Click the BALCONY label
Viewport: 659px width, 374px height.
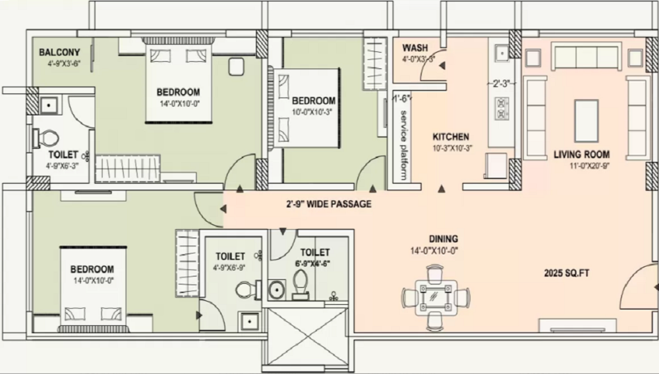tap(59, 53)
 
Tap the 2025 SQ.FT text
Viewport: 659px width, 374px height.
tap(567, 272)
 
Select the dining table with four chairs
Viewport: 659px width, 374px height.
tap(435, 297)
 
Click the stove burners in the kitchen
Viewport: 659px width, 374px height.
tap(502, 105)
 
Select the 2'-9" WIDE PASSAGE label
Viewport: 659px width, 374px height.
tap(328, 204)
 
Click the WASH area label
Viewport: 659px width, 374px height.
tap(415, 48)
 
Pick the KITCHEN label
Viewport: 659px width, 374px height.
tap(450, 136)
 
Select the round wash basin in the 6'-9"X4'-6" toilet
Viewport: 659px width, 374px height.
tap(276, 289)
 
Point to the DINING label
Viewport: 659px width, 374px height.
tap(443, 239)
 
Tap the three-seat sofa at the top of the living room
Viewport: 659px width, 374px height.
tap(587, 57)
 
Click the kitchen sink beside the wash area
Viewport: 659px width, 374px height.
tap(500, 51)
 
